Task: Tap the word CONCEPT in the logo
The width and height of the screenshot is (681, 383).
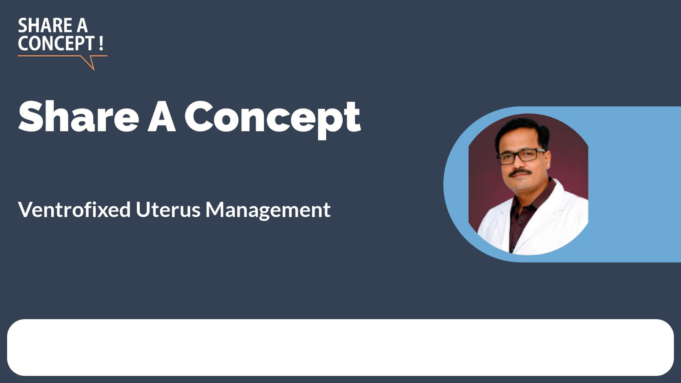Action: pos(55,43)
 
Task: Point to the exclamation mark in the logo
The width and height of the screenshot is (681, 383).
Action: pos(101,43)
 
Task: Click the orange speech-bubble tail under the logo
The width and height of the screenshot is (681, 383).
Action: pos(89,62)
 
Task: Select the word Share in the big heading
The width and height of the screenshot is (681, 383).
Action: pos(78,116)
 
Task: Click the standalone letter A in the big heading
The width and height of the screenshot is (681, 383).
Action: pos(162,116)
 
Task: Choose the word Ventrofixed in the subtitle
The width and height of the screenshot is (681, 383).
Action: pos(74,209)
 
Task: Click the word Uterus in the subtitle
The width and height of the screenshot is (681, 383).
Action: pos(168,210)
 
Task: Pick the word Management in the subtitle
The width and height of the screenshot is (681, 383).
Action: pos(268,210)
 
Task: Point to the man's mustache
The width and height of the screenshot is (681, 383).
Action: pos(520,173)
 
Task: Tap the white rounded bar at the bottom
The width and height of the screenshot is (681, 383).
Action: pos(340,348)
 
